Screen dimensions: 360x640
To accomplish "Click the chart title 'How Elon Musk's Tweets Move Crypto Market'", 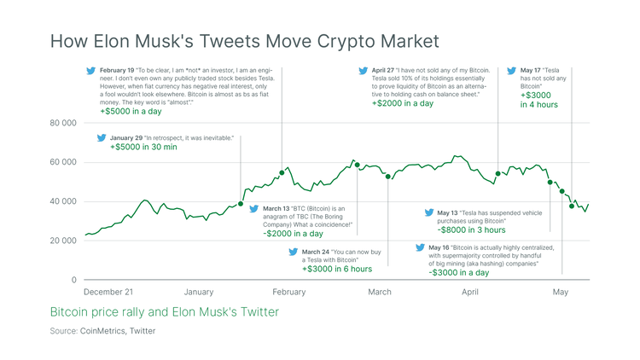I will pyautogui.click(x=245, y=40).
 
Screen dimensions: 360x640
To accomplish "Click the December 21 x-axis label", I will pyautogui.click(x=108, y=292).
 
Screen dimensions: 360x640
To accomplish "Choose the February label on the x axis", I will pyautogui.click(x=288, y=292).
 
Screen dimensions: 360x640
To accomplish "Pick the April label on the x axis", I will pyautogui.click(x=469, y=292).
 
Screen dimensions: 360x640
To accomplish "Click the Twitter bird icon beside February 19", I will pyautogui.click(x=91, y=71).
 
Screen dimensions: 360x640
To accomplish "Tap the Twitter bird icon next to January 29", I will pyautogui.click(x=102, y=136).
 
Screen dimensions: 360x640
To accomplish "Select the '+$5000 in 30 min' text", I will pyautogui.click(x=143, y=148).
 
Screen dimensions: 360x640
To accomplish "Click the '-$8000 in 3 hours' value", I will pyautogui.click(x=472, y=230).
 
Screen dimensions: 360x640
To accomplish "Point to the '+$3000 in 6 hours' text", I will pyautogui.click(x=336, y=269).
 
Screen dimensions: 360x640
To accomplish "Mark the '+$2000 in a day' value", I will pyautogui.click(x=403, y=103).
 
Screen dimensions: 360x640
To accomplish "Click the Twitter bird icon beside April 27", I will pyautogui.click(x=364, y=71).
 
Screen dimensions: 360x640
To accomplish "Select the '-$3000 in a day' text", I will pyautogui.click(x=459, y=273).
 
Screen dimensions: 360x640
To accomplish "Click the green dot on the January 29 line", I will pyautogui.click(x=241, y=204).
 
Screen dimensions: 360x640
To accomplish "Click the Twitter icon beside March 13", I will pyautogui.click(x=253, y=208).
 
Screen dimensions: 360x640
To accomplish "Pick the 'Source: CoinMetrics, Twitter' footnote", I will pyautogui.click(x=102, y=331).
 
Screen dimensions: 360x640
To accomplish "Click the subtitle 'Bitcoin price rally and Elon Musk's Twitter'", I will pyautogui.click(x=164, y=312).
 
